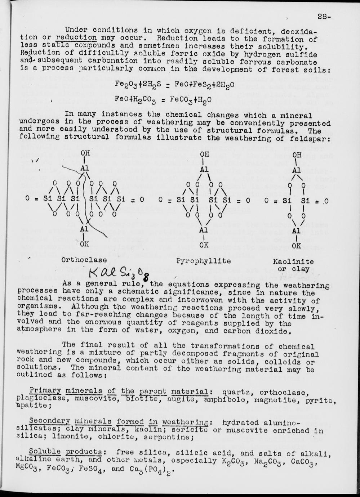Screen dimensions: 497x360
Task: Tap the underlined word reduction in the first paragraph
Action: pos(76,38)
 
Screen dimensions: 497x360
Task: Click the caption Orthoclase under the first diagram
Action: pos(84,260)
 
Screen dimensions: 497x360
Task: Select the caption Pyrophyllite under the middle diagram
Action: pos(203,260)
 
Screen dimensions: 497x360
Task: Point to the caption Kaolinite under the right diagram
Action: pos(293,261)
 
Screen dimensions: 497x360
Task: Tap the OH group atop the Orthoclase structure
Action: pos(85,153)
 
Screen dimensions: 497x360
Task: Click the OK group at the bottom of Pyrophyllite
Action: pos(204,245)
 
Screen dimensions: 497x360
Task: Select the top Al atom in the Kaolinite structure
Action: pos(296,170)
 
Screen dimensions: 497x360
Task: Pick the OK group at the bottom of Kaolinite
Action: pos(296,246)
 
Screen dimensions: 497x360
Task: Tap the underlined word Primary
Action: pos(45,391)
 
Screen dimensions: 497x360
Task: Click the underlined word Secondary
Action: pos(49,421)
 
